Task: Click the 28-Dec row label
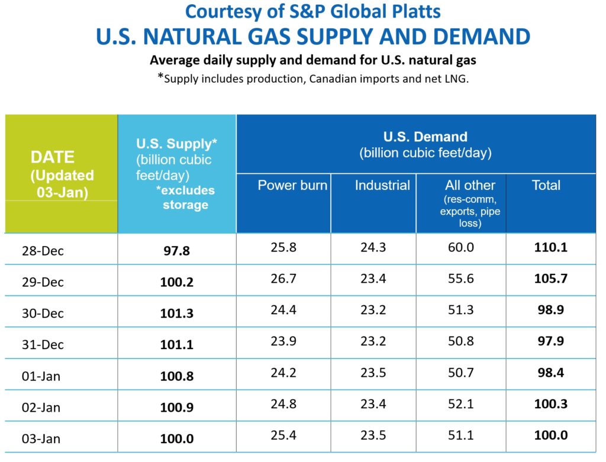pyautogui.click(x=42, y=250)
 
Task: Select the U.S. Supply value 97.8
pyautogui.click(x=176, y=251)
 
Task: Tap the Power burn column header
pyautogui.click(x=292, y=185)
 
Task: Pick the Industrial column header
pyautogui.click(x=382, y=185)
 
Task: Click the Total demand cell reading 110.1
pyautogui.click(x=550, y=247)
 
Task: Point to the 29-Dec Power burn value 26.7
pyautogui.click(x=283, y=279)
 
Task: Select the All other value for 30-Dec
pyautogui.click(x=461, y=310)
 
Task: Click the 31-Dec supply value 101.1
pyautogui.click(x=176, y=345)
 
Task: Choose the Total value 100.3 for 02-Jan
pyautogui.click(x=550, y=404)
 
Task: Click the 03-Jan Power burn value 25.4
pyautogui.click(x=283, y=435)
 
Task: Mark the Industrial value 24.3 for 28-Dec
pyautogui.click(x=373, y=247)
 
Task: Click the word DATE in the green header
pyautogui.click(x=53, y=157)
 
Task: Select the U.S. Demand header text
pyautogui.click(x=425, y=137)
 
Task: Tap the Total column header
pyautogui.click(x=546, y=185)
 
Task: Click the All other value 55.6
pyautogui.click(x=461, y=279)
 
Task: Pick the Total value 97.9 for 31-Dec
pyautogui.click(x=550, y=341)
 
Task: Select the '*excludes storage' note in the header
pyautogui.click(x=185, y=198)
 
